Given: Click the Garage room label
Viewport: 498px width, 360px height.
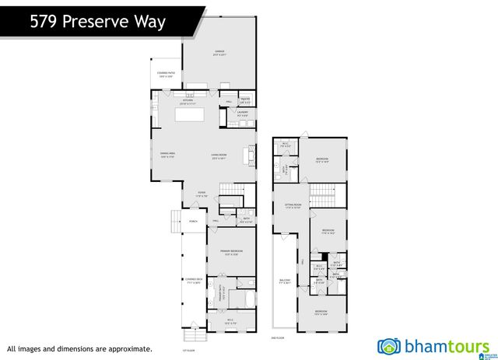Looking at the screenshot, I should (219, 53).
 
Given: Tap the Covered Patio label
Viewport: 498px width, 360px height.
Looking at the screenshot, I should (167, 75).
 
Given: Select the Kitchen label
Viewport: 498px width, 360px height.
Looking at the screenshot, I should (188, 101).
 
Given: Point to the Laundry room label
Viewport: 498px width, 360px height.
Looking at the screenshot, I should (243, 115).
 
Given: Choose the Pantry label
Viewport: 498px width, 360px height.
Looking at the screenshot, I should (244, 100).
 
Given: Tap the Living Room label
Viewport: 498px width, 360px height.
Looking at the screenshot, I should (219, 156).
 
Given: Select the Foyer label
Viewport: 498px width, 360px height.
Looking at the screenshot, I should (202, 194).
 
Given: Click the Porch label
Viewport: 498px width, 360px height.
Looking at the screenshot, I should (193, 222).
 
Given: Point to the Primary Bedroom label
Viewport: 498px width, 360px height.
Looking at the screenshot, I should (231, 252).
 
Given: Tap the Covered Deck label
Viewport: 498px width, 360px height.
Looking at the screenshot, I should (194, 281).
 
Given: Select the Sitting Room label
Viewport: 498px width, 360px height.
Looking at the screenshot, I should (292, 206).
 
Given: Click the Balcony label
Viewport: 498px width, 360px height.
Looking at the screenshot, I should (285, 281).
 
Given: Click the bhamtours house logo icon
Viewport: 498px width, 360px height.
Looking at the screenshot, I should (389, 346).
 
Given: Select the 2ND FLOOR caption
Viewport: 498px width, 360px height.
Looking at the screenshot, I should (275, 339).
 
